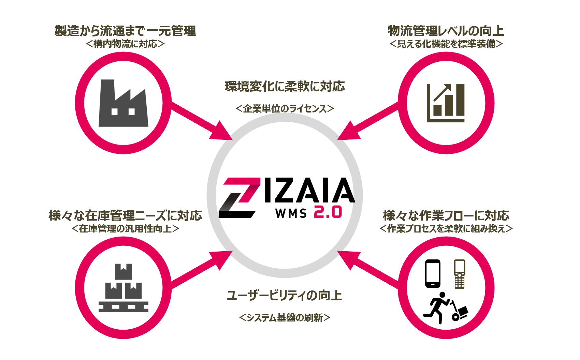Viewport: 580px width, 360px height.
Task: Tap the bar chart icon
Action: click(446, 103)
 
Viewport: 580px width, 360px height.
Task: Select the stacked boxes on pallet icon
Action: click(123, 288)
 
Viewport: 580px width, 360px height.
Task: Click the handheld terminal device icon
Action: click(459, 274)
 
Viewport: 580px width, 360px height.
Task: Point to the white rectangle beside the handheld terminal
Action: click(433, 272)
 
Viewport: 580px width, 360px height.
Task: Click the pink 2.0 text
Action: click(328, 212)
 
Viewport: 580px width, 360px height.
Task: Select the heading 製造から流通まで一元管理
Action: click(125, 31)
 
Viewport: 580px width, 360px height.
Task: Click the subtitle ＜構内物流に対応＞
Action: click(125, 44)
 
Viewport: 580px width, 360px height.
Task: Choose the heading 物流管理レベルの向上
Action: click(446, 31)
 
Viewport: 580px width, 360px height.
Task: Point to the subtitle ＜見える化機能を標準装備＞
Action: click(446, 44)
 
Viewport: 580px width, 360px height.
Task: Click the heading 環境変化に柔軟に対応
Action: click(285, 87)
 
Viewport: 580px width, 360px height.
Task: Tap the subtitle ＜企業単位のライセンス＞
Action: click(285, 109)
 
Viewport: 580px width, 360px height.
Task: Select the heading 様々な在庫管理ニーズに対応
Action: click(125, 215)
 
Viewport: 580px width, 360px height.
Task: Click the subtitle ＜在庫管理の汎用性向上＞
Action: click(125, 228)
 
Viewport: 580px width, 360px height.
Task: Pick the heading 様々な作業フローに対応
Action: click(446, 215)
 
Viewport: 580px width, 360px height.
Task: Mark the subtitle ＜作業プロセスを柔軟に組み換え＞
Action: click(446, 228)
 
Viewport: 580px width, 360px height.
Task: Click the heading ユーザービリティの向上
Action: click(285, 295)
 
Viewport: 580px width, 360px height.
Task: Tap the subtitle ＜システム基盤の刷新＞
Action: click(285, 318)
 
